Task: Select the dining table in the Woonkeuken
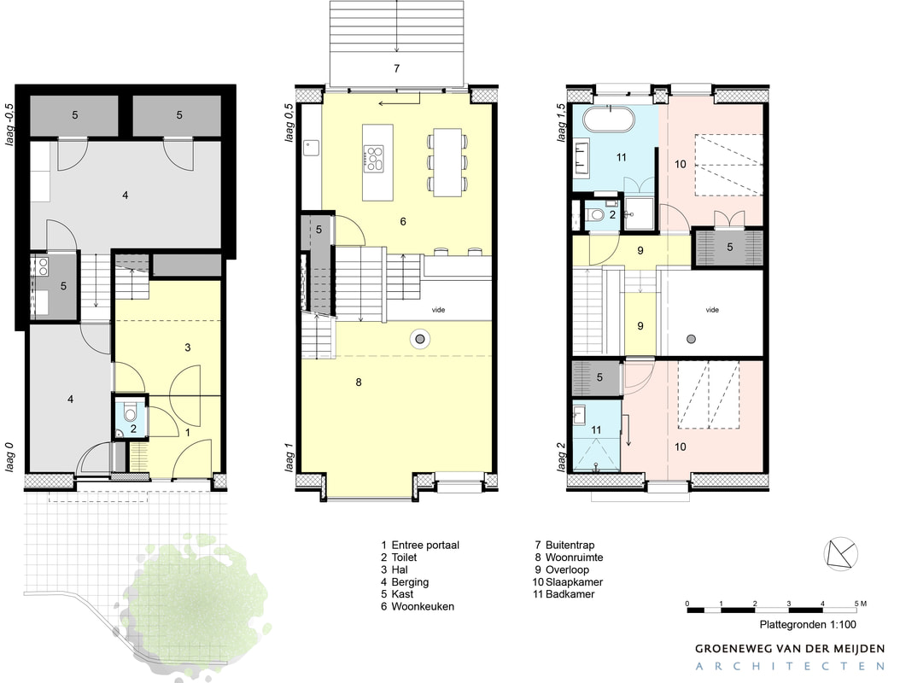coord(447,162)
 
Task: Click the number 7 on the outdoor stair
coord(396,68)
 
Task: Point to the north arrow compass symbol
coord(841,555)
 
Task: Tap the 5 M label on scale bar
coord(861,604)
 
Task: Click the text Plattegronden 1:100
coord(808,624)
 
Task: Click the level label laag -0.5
coord(9,124)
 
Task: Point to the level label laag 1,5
coord(561,123)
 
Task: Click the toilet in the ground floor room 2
coord(131,413)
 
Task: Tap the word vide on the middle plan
coord(439,310)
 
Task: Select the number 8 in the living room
coord(359,382)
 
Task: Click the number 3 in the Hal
coord(188,347)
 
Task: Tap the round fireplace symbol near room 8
coord(420,339)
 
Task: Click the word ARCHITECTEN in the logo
coord(790,667)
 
